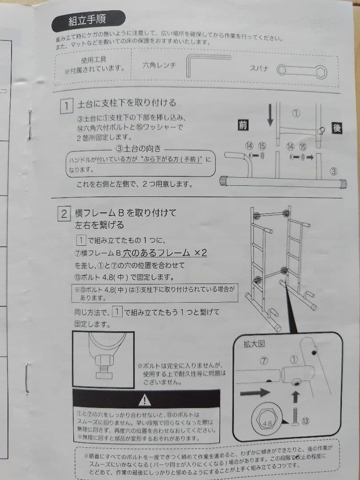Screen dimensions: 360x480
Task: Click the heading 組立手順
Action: click(x=87, y=20)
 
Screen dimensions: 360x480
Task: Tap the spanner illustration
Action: click(x=301, y=71)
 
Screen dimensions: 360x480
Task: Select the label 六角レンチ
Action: click(x=159, y=65)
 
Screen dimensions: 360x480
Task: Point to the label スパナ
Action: click(x=259, y=68)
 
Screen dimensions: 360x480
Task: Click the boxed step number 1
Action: click(x=66, y=106)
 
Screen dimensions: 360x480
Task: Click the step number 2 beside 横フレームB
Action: click(x=64, y=214)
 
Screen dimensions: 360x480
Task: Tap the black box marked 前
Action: click(x=243, y=125)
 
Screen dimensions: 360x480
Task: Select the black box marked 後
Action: click(x=337, y=128)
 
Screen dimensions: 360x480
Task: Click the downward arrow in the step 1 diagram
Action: click(x=270, y=115)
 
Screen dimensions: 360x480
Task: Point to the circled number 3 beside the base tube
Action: click(x=333, y=172)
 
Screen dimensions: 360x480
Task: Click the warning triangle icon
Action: click(x=144, y=400)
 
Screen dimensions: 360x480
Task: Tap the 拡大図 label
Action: click(x=254, y=344)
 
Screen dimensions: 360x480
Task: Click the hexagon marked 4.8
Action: click(x=267, y=423)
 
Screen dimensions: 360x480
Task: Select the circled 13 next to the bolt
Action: click(x=305, y=421)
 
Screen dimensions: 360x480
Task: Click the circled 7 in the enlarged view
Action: click(x=264, y=360)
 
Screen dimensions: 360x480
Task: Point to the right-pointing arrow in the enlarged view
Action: click(x=255, y=392)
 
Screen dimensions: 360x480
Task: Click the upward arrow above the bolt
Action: click(x=295, y=397)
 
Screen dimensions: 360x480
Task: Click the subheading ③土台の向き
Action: click(x=138, y=149)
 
